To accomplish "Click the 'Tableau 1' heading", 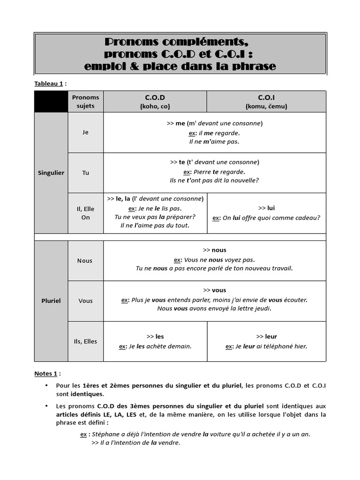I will (48, 83).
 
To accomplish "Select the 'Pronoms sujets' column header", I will (85, 102).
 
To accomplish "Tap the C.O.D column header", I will (155, 102).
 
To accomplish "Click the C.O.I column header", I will (266, 102).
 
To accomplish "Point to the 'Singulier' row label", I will (51, 172).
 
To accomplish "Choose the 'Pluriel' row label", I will (51, 301).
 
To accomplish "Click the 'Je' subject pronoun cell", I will (85, 132).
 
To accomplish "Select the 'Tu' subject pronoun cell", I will (85, 172).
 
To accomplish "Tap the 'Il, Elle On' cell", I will (85, 213).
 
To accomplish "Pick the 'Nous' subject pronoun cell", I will (85, 261).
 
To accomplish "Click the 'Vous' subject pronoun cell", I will (85, 301).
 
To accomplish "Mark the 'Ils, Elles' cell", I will (85, 341).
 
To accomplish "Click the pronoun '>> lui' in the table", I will (266, 208).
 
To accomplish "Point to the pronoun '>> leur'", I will (266, 337).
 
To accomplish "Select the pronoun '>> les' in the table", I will (155, 337).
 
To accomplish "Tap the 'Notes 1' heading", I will (45, 374).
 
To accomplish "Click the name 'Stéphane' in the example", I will (105, 434).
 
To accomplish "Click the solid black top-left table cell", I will (51, 102).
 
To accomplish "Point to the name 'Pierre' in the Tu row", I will (202, 172).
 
